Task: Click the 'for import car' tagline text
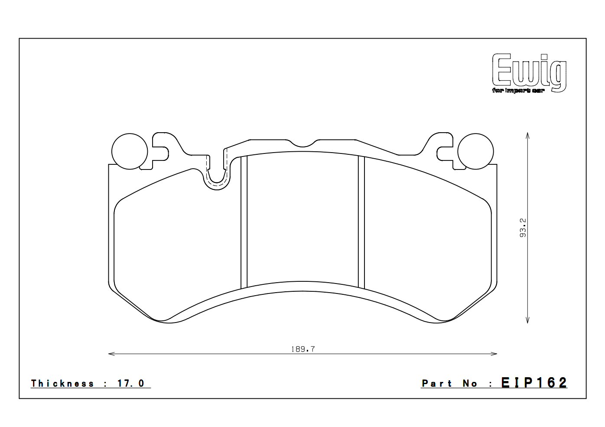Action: tap(518, 91)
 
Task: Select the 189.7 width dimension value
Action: tap(302, 349)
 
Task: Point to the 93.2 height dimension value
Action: tap(523, 228)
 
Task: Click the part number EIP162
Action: tap(534, 383)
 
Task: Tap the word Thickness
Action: tap(62, 384)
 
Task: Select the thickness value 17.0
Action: tap(130, 384)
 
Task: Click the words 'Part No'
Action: tap(449, 384)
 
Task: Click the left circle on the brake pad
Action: tap(130, 151)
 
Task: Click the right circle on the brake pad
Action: tap(475, 151)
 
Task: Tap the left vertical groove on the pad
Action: tap(244, 221)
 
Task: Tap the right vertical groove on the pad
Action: tap(361, 221)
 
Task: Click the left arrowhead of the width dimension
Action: tap(111, 354)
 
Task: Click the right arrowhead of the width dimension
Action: tap(494, 354)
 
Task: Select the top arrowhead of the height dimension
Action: tap(527, 135)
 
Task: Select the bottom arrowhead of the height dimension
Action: tap(527, 320)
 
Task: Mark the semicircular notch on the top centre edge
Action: tap(302, 143)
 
